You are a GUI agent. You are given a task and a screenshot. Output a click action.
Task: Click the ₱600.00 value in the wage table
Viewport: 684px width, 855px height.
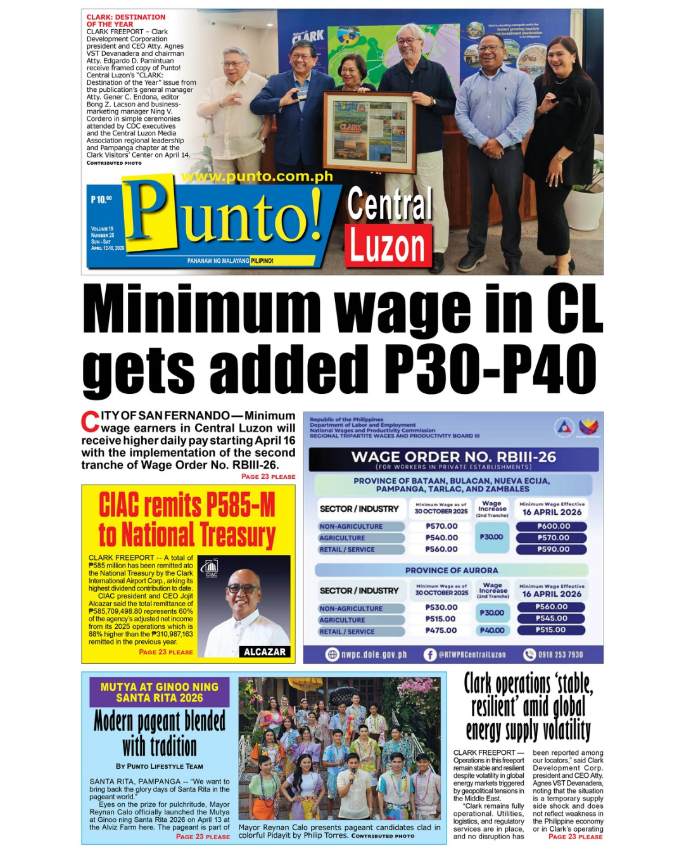click(553, 526)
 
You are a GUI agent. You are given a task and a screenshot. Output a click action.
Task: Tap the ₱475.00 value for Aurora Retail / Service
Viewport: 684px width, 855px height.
click(441, 631)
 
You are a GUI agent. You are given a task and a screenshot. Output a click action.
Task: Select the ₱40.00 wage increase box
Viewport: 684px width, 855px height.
click(492, 631)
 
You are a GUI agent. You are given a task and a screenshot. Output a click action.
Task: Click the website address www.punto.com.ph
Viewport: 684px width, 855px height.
click(256, 177)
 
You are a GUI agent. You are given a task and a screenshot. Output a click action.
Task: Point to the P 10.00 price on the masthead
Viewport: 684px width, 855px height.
click(101, 199)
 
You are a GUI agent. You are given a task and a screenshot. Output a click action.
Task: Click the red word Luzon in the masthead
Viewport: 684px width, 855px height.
click(387, 246)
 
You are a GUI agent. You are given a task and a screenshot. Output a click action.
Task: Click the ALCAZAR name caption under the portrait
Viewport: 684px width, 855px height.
click(264, 652)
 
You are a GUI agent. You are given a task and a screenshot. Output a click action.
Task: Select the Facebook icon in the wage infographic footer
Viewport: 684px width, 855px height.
click(430, 655)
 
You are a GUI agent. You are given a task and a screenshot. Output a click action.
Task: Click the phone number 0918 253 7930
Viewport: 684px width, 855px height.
click(560, 655)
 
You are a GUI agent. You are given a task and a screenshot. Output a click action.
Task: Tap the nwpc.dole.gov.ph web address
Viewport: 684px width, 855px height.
click(374, 655)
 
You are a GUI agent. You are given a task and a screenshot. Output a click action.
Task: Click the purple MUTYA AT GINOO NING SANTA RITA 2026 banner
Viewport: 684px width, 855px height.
click(160, 692)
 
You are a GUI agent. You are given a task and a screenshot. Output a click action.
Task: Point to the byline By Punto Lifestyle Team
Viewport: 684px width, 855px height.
click(160, 766)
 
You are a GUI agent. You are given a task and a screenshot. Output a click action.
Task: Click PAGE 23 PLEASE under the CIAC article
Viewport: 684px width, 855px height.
click(166, 652)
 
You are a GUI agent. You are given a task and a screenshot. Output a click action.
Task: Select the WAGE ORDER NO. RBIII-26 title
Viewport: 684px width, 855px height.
click(453, 457)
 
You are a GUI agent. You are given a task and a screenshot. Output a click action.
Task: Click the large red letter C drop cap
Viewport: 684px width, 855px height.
click(90, 422)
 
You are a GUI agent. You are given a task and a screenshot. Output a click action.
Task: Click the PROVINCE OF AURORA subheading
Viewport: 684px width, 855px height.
click(452, 571)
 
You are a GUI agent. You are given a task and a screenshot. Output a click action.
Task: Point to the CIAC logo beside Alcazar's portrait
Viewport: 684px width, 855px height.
click(211, 568)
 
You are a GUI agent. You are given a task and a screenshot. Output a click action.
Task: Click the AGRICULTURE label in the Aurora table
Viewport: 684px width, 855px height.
click(342, 620)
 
